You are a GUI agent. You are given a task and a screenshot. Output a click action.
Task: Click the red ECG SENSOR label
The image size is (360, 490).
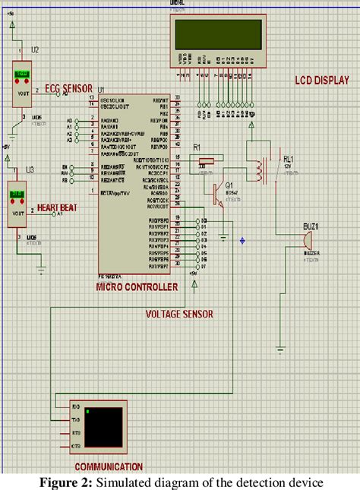[x=65, y=87]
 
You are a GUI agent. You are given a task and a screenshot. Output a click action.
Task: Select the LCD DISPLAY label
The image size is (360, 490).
[x=321, y=81]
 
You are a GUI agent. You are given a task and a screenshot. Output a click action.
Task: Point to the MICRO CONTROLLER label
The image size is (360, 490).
[x=137, y=287]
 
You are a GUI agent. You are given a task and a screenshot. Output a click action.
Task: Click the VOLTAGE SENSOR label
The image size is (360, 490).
[x=179, y=314]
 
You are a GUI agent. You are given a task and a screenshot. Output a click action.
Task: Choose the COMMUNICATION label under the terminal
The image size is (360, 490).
[x=108, y=466]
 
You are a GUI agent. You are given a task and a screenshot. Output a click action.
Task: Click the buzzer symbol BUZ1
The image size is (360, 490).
[x=306, y=238]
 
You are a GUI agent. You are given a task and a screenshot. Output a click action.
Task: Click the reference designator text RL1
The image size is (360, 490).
[x=287, y=160]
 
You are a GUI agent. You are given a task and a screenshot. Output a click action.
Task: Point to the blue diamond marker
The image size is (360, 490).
[x=242, y=241]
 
